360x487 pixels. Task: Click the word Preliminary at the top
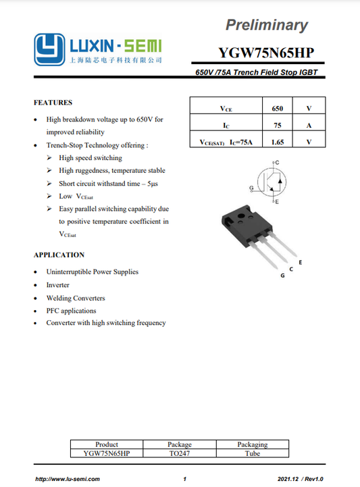tap(266, 26)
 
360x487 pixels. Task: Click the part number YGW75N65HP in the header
tap(266, 53)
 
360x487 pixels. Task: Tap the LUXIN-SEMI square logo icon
tap(49, 49)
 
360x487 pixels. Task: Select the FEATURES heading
tap(53, 103)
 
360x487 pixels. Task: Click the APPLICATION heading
tap(59, 255)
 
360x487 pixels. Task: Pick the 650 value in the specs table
tap(277, 108)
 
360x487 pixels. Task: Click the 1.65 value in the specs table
tap(277, 142)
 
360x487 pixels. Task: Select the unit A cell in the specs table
tap(309, 125)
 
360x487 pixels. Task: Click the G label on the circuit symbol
tap(251, 187)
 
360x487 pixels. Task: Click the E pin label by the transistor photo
tap(300, 261)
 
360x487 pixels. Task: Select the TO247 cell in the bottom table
tap(180, 454)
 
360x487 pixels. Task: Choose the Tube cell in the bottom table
tap(253, 454)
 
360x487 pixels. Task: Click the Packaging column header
tap(253, 444)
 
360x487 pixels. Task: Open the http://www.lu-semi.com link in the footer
tap(68, 478)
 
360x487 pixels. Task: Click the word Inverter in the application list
tap(58, 285)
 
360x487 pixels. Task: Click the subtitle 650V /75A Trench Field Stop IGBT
tap(256, 72)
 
